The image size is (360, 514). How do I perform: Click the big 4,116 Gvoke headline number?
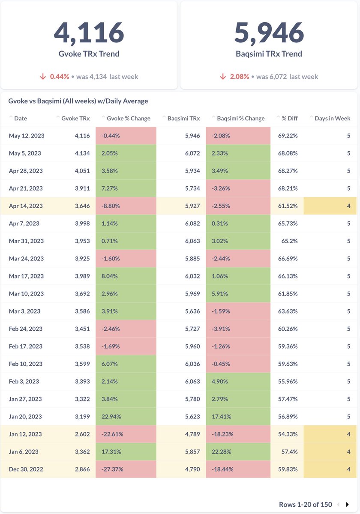[89, 33]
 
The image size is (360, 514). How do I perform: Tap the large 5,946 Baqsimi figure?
[269, 33]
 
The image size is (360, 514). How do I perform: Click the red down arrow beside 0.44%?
[43, 76]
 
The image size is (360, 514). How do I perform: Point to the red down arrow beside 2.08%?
[223, 76]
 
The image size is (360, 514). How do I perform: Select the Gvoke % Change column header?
[128, 118]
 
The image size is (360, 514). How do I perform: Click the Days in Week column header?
[332, 118]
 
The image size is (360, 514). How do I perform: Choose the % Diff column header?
[290, 118]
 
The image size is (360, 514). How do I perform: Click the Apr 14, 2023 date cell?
[26, 206]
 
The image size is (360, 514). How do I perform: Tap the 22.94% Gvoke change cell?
[126, 416]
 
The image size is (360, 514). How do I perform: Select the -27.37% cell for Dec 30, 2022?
[126, 469]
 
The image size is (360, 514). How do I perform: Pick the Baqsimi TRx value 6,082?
[192, 224]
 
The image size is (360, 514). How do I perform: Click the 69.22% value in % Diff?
[288, 136]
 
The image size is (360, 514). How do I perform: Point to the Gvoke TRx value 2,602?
[82, 434]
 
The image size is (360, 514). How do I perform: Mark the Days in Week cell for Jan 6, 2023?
[330, 451]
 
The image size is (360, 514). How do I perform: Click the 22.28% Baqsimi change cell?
[238, 451]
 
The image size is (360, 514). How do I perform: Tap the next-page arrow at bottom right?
[348, 505]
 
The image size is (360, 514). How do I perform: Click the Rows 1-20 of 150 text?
[305, 505]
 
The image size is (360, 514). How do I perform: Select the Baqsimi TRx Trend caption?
[269, 54]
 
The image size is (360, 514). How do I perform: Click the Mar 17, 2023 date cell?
[26, 276]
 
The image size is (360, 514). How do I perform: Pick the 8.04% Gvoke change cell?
[126, 276]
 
